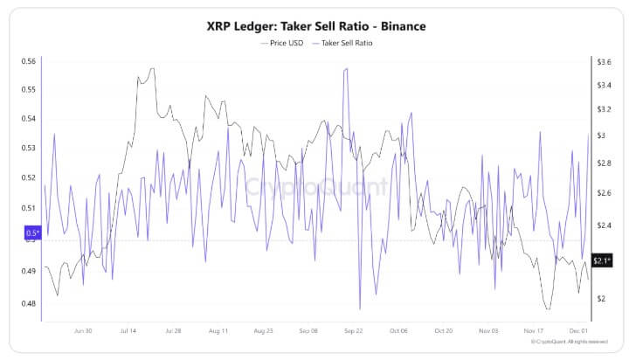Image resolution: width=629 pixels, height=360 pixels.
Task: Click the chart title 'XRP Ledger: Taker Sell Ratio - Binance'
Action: pos(314,26)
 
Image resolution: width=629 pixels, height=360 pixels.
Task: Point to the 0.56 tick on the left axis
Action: pos(28,61)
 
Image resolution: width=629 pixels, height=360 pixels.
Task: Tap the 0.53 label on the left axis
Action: pos(28,149)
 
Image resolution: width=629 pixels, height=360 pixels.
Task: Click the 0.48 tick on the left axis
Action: pos(28,304)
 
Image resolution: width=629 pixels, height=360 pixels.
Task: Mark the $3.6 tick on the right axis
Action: pos(603,61)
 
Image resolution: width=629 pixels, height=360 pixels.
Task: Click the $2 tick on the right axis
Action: pos(601,299)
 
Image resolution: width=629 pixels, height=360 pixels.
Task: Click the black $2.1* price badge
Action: pos(601,260)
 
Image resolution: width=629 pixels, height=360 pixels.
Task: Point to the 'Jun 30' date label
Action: pos(84,332)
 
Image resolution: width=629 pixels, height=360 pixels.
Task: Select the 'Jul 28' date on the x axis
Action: pos(171,332)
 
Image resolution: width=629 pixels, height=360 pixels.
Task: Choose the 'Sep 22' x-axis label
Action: pos(354,332)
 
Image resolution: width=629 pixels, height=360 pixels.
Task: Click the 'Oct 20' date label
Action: pos(444,332)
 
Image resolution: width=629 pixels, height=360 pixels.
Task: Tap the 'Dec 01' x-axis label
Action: pos(577,332)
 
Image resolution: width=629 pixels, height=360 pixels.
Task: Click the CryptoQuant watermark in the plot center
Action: pos(314,186)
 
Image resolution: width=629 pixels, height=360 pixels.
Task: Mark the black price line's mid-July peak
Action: pos(152,68)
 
